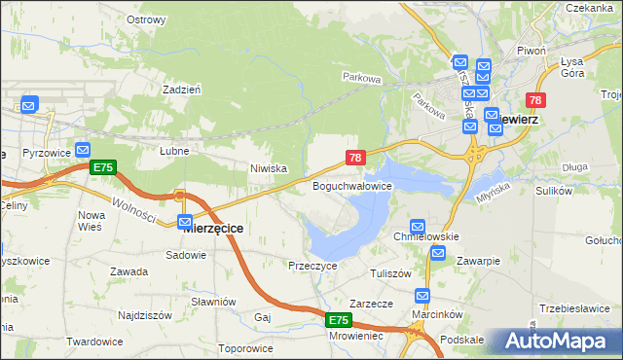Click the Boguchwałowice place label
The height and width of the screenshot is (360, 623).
(x=351, y=185)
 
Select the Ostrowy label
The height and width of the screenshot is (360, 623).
(x=146, y=18)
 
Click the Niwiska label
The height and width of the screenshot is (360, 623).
(x=269, y=168)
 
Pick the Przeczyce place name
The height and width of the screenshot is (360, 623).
(x=312, y=265)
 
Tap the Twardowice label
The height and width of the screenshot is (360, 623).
(x=94, y=342)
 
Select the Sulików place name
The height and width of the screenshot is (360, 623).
(x=553, y=191)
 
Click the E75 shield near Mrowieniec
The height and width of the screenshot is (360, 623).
(x=338, y=319)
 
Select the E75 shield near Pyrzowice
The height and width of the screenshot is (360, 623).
(x=103, y=167)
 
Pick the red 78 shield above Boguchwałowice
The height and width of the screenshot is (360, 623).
(x=355, y=157)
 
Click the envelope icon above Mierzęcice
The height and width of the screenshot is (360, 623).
(x=185, y=222)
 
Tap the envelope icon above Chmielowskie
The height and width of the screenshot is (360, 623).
(x=419, y=226)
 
